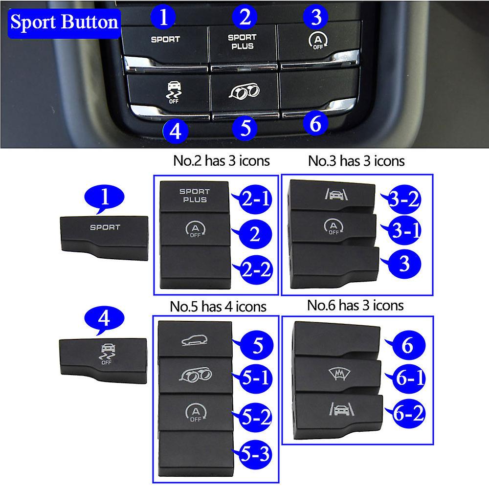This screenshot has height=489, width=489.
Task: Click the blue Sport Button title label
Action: coord(64,22)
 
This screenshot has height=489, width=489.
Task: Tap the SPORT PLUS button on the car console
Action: coord(242,42)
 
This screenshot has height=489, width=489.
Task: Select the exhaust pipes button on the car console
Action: coord(243,90)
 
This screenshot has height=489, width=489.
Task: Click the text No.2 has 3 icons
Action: coord(222,161)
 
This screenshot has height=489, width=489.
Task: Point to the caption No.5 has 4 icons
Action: coord(218,307)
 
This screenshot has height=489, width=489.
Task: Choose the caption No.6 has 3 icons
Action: coord(356,305)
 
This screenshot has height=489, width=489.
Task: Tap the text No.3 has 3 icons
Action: coord(356,161)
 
